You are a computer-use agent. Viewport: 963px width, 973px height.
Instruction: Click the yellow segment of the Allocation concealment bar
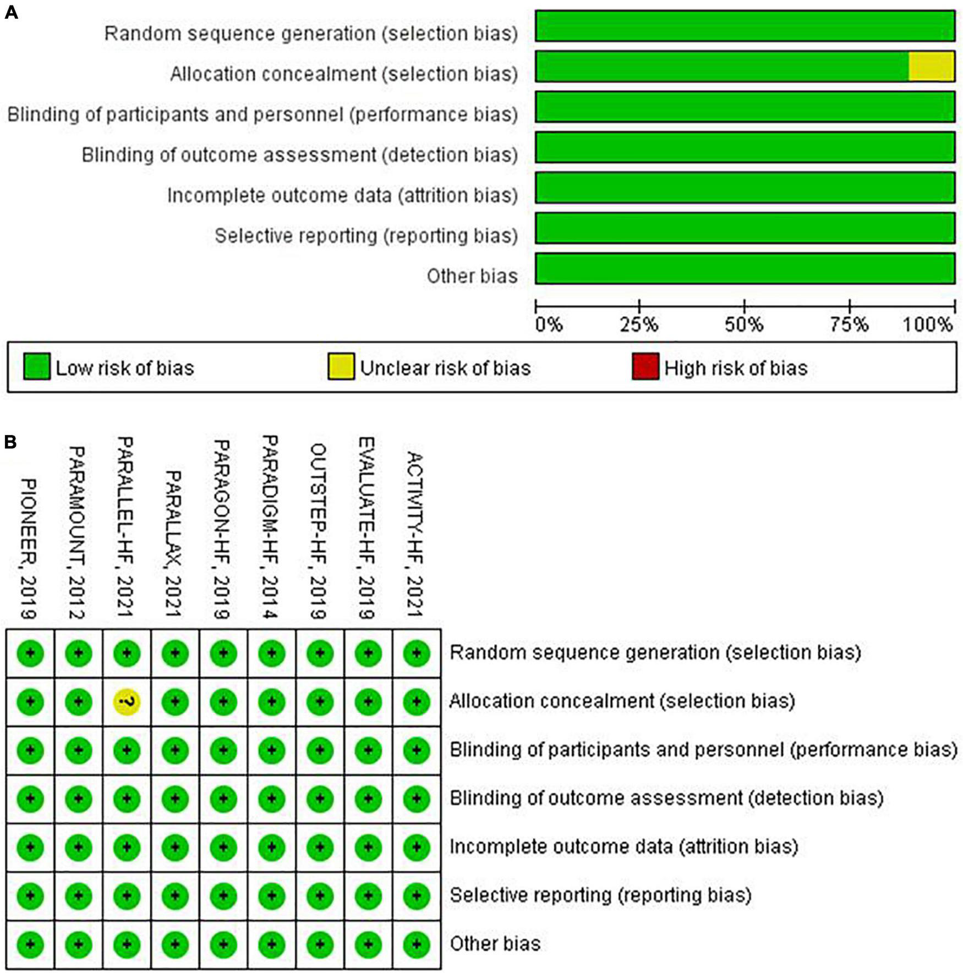(x=931, y=67)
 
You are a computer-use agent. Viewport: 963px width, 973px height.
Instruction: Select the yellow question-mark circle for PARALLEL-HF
(x=127, y=702)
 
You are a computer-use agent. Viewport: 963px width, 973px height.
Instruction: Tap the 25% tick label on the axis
(x=639, y=324)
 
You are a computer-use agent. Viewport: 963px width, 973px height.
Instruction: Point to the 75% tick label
(x=849, y=324)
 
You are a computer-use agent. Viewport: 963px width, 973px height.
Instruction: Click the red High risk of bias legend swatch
(x=645, y=367)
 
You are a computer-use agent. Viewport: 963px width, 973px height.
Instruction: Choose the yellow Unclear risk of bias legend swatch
(x=341, y=367)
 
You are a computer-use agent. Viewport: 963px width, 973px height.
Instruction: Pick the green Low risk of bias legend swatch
(x=37, y=367)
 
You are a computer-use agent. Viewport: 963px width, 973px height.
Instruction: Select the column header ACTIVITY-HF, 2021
(x=415, y=534)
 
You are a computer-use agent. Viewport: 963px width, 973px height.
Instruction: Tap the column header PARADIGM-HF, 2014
(x=270, y=527)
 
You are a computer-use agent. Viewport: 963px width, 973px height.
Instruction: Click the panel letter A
(x=11, y=12)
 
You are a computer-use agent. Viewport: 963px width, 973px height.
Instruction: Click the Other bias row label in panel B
(x=495, y=944)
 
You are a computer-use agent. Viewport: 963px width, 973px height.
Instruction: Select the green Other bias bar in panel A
(x=745, y=268)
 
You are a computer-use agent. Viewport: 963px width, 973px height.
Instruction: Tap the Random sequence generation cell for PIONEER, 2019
(x=30, y=653)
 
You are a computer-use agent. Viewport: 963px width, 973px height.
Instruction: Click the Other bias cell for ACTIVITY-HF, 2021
(x=417, y=944)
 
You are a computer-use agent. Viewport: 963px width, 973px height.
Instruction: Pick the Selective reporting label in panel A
(x=366, y=235)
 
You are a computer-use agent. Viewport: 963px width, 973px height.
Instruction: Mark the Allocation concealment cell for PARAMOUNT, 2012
(x=79, y=702)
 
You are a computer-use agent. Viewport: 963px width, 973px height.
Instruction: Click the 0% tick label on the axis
(x=549, y=324)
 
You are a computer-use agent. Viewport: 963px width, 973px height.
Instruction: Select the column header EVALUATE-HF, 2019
(x=366, y=528)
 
